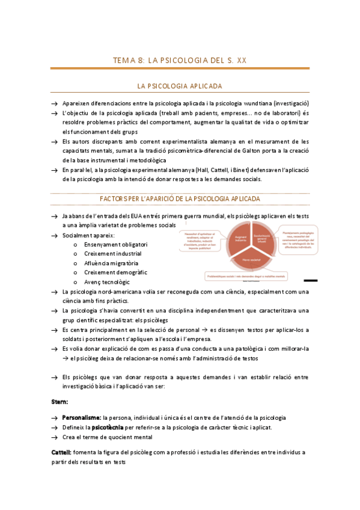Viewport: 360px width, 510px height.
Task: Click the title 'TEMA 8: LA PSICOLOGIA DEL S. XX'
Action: point(180,60)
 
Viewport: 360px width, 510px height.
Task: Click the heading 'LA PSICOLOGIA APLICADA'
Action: point(180,87)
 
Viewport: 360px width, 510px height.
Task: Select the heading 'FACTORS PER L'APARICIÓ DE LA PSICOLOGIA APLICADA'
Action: point(180,198)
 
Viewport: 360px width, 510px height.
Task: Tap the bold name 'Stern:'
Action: point(59,401)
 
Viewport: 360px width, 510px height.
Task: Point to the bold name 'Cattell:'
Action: point(62,452)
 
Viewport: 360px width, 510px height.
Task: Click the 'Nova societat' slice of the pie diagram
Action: point(243,260)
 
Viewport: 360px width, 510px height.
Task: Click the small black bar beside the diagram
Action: point(311,280)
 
